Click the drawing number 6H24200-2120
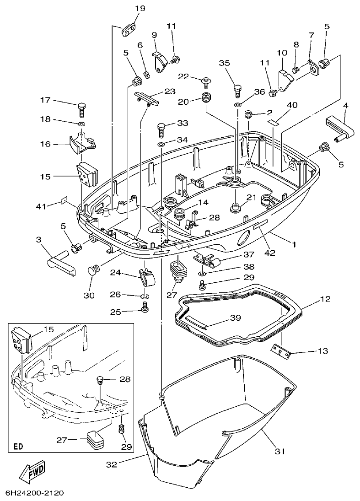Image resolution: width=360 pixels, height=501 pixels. pos(34,493)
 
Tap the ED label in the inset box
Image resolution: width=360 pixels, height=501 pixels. pos(19,446)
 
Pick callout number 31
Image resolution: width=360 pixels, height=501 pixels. pos(280,451)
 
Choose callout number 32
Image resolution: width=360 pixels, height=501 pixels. pos(112,464)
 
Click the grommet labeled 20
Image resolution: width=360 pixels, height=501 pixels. pos(207,98)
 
